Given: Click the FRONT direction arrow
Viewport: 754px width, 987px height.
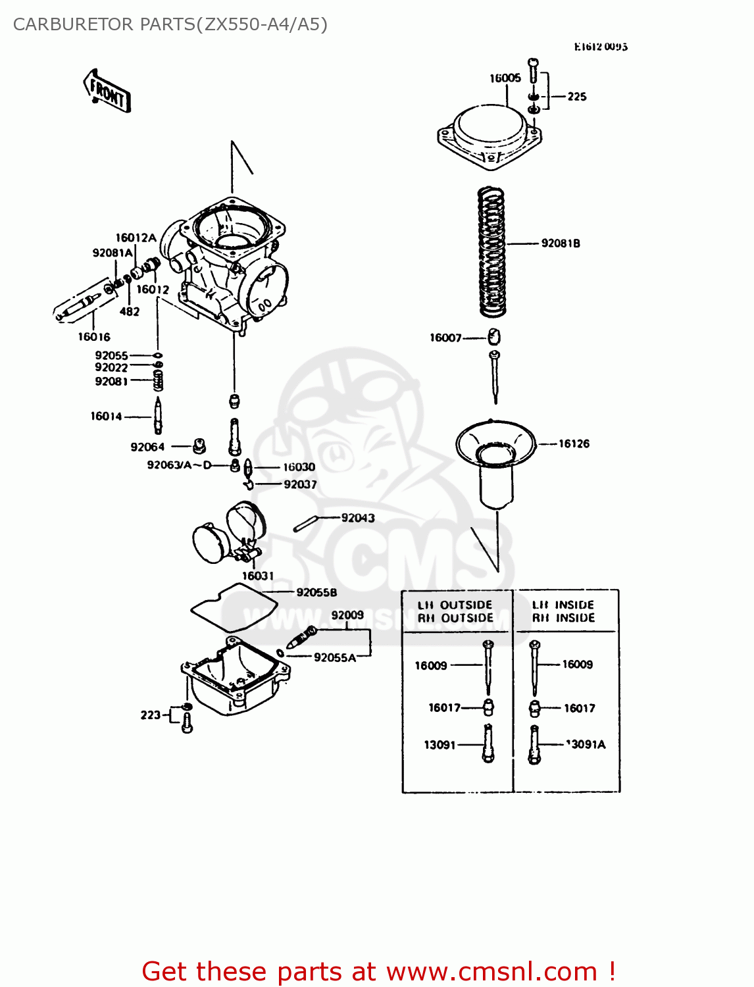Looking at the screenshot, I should pos(107,91).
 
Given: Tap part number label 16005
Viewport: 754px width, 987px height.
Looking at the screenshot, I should pos(505,78).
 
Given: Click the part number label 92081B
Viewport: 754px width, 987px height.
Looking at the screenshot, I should pos(561,243).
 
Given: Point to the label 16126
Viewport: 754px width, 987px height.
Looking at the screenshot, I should pos(574,443).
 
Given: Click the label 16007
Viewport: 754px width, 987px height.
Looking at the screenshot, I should pos(445,338).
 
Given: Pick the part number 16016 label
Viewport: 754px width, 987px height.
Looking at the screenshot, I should pos(94,337).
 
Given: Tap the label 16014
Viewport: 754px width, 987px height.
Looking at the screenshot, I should pos(106,416).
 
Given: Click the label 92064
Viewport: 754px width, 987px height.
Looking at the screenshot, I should pos(147,447).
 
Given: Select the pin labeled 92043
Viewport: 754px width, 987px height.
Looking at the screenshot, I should pos(305,524).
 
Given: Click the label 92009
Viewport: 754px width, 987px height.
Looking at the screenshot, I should pos(347,615).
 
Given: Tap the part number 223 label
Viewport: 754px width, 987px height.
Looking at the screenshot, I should pos(150,715).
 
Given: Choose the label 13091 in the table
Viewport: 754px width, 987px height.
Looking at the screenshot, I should pos(440,745).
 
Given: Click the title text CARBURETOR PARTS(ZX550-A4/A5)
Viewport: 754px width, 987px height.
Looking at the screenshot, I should pos(170,24).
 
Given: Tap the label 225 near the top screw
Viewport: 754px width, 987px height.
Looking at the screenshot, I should pos(577,97).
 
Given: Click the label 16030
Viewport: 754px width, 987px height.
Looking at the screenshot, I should pos(299,467).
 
